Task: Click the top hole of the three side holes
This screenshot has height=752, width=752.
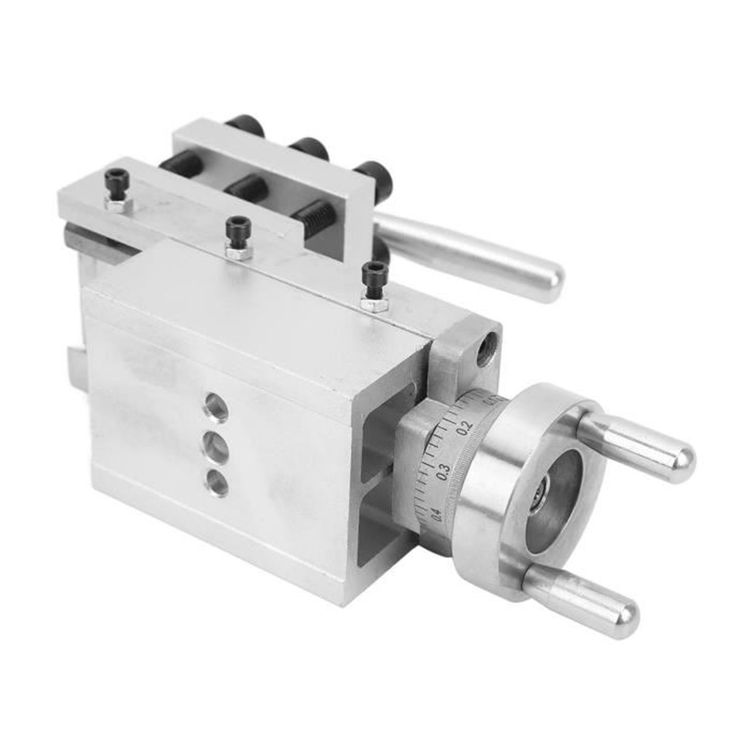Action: point(214,401)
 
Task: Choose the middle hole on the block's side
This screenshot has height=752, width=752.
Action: point(215,441)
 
